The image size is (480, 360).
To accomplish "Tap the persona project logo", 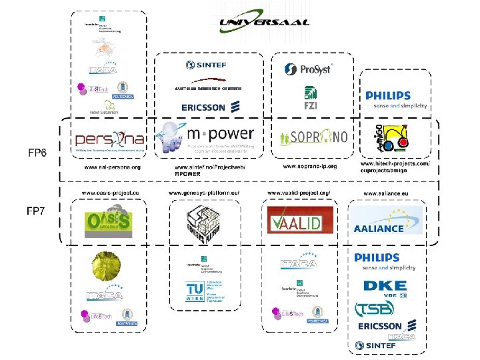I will pos(109,139).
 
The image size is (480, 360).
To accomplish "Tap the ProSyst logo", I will pos(309,69).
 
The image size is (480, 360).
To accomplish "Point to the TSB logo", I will pos(375,308).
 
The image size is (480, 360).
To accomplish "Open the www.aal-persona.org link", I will pos(112,167).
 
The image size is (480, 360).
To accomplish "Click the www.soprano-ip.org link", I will pos(310,165).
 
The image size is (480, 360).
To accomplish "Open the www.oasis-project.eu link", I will pos(111,193).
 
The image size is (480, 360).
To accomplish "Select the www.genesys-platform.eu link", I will pos(204,193).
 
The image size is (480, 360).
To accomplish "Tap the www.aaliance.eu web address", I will pos(386,193).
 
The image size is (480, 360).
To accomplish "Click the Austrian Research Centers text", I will pos(208,88).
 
